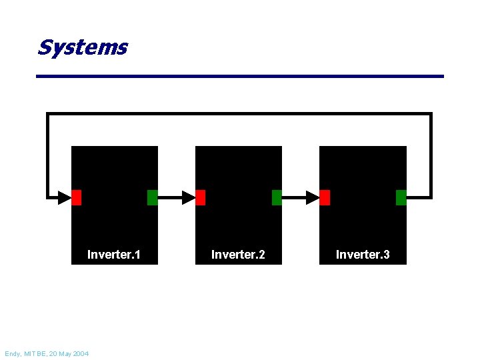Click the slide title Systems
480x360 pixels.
(82, 47)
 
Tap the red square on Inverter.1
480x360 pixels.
(76, 197)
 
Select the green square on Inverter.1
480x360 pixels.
(152, 197)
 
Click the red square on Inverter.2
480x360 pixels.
(201, 197)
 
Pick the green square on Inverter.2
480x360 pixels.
(277, 197)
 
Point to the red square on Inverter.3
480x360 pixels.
(325, 197)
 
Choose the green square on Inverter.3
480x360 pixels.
(401, 197)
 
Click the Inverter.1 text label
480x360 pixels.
(113, 255)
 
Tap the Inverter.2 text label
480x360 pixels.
(238, 255)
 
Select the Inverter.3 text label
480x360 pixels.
(363, 255)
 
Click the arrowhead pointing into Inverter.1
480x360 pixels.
(64, 197)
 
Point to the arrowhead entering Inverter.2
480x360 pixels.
(188, 197)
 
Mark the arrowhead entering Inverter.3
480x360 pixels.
(313, 197)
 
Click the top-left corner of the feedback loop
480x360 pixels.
(47, 115)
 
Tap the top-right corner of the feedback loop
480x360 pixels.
(431, 115)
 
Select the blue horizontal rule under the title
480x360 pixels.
(240, 76)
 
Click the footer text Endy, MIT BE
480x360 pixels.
(27, 353)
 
